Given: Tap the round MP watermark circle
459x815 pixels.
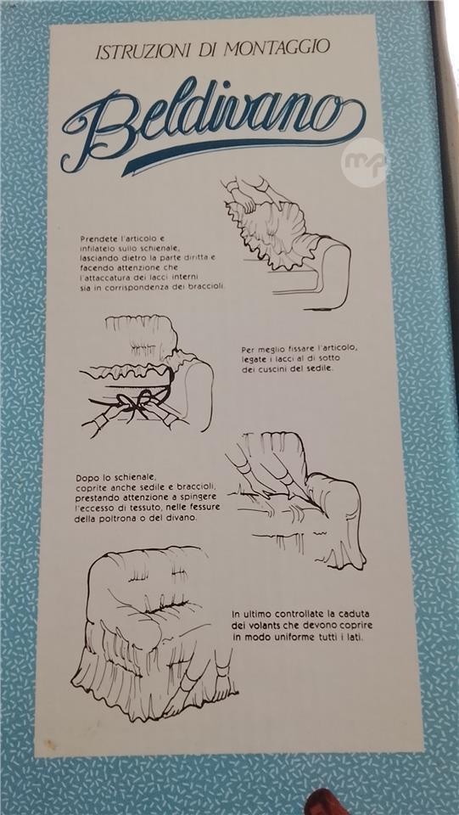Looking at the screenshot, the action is coord(365,162).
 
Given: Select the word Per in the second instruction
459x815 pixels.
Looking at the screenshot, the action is coord(248,349).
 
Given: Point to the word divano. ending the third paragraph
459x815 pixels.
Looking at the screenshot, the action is coord(183,519).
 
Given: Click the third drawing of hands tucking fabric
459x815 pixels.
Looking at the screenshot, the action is coord(296,500).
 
